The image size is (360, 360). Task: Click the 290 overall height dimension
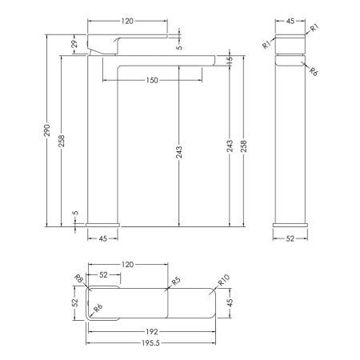coord(47,130)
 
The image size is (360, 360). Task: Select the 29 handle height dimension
coord(74,43)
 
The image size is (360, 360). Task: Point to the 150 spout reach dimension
coord(152,80)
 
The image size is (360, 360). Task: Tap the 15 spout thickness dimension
coord(230,60)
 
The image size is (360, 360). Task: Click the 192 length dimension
coord(152,332)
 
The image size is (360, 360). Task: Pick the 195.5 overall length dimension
coord(150,343)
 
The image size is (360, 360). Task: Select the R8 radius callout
coord(79,278)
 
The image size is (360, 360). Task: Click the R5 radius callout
coord(176,281)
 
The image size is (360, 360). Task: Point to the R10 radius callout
coord(224,280)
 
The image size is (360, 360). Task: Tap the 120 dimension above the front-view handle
coord(127,21)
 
